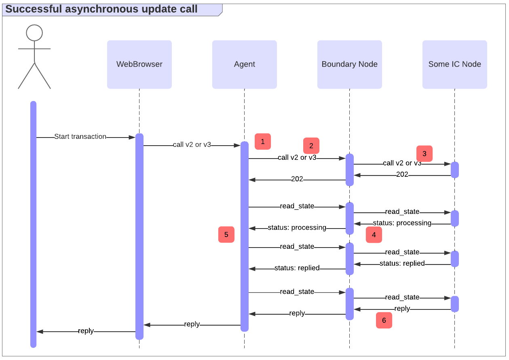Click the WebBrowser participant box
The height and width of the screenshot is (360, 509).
[x=139, y=64]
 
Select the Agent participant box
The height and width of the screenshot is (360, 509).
[x=244, y=64]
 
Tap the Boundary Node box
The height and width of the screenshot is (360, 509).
[x=349, y=64]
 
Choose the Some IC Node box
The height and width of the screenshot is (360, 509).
[x=454, y=64]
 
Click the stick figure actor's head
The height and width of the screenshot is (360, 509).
[x=34, y=33]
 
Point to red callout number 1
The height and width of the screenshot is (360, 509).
[x=262, y=142]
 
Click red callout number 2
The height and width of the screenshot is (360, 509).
[x=311, y=146]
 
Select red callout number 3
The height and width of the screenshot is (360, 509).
[x=424, y=154]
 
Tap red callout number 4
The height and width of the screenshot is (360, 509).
[x=374, y=235]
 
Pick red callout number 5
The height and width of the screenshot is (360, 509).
[x=226, y=235]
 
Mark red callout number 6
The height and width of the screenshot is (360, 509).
[x=384, y=320]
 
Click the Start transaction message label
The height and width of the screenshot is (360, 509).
[x=80, y=137]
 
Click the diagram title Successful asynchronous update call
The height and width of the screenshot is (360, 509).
[x=101, y=9]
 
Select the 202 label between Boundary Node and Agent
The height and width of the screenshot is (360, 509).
[x=297, y=179]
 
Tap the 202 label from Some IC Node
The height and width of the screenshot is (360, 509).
[x=402, y=174]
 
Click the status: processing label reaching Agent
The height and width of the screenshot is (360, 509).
[x=297, y=228]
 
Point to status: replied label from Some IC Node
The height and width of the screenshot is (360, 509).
[x=402, y=263]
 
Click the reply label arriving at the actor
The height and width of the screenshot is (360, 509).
[x=86, y=331]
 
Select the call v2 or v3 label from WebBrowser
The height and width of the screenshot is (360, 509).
[x=192, y=144]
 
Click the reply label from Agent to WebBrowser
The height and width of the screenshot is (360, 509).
[x=192, y=324]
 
